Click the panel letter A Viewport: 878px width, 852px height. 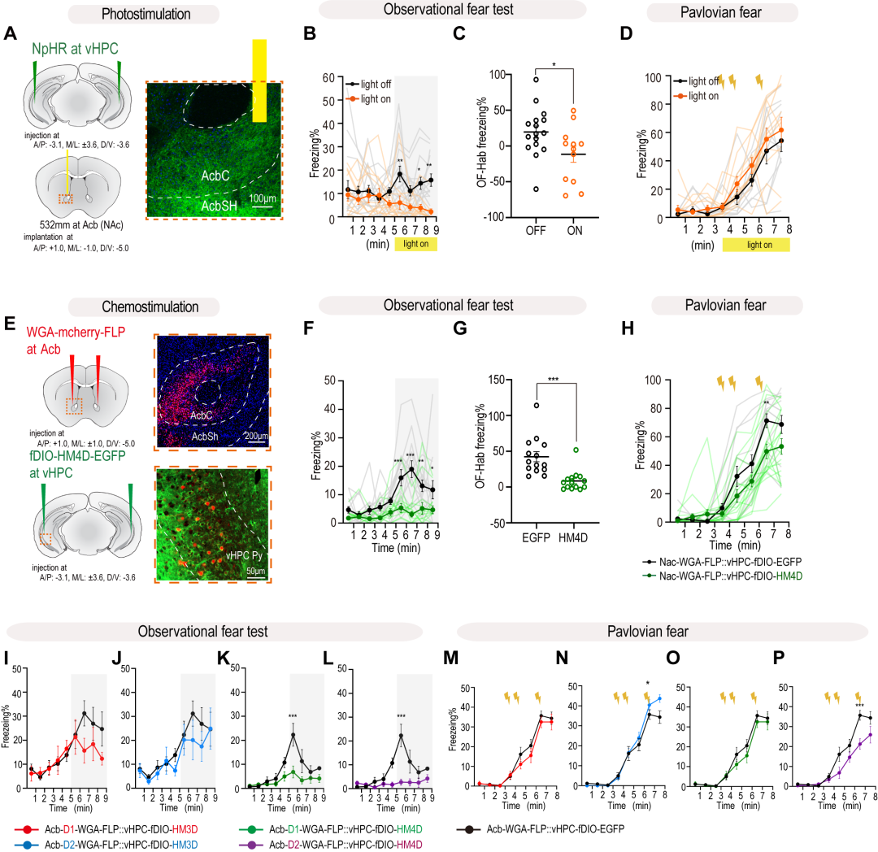(11, 35)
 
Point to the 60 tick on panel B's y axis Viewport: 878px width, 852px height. (330, 77)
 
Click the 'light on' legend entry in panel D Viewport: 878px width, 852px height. (699, 97)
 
